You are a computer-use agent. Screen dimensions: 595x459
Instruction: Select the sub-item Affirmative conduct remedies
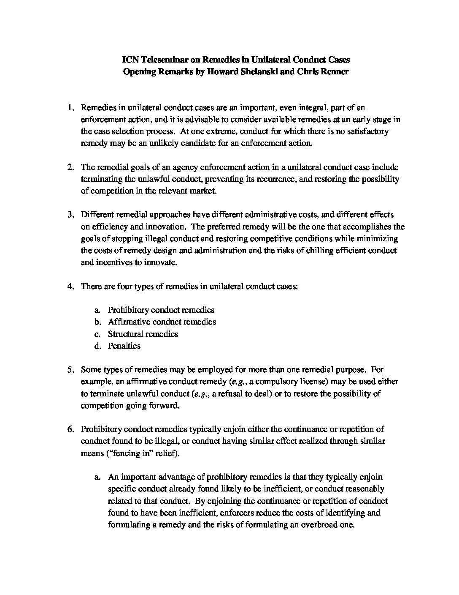point(162,322)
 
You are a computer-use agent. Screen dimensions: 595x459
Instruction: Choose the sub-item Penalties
point(124,346)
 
